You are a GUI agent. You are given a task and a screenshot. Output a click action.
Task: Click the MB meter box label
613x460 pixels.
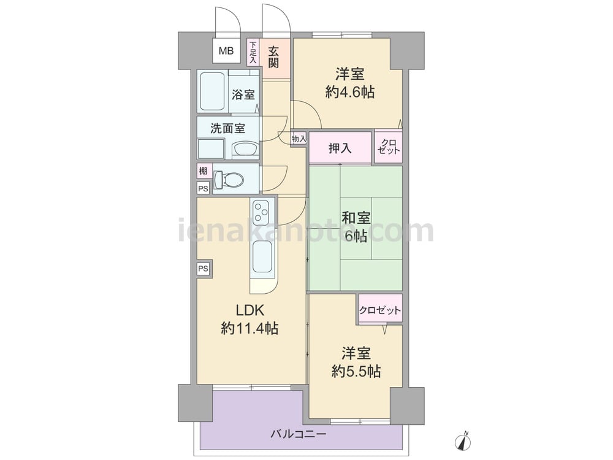point(226,50)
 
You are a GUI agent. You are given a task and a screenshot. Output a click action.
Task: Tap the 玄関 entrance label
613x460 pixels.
point(273,57)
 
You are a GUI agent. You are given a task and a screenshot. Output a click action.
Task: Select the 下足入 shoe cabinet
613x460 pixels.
point(253,52)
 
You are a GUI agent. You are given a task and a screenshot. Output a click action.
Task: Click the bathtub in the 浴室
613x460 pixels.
point(212,91)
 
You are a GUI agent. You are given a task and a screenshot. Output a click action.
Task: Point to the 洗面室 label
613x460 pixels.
point(227,128)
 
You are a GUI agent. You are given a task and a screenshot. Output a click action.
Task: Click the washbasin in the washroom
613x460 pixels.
point(245,149)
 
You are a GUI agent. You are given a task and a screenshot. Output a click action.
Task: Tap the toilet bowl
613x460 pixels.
point(229,180)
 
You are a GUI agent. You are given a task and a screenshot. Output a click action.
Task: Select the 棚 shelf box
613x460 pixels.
point(204,171)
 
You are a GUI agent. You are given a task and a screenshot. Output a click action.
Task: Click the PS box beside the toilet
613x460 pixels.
point(204,188)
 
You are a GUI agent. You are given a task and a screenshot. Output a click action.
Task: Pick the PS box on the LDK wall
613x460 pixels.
point(204,269)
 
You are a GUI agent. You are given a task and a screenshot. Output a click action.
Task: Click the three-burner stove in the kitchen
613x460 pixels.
point(261,212)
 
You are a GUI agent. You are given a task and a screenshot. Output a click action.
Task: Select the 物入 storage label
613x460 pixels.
point(299,139)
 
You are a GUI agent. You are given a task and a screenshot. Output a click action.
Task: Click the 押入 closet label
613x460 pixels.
point(340,148)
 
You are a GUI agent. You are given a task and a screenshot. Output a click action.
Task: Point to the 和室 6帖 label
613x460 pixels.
point(356,227)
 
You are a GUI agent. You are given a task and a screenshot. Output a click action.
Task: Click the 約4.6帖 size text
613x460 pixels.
point(350,93)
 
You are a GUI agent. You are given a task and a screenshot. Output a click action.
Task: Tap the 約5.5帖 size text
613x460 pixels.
point(356,371)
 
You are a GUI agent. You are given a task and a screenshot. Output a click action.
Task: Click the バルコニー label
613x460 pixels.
point(299,434)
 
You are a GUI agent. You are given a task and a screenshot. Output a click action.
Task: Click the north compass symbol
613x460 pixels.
point(463,440)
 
